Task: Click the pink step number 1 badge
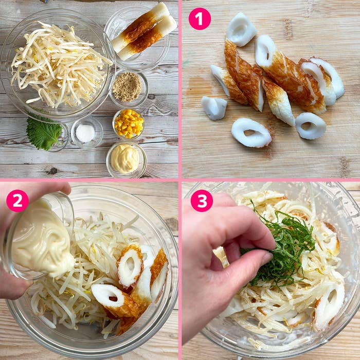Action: point(200,19)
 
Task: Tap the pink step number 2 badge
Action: point(17,201)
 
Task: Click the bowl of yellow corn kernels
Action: point(128,123)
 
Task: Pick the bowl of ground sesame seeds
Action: point(127,86)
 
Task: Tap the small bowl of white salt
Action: point(85,133)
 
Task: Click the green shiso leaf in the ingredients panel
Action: point(43,133)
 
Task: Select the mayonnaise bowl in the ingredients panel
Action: point(125,158)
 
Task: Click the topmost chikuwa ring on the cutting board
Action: point(241,29)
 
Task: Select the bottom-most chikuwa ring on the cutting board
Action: point(250,133)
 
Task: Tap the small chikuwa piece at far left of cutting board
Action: point(213,107)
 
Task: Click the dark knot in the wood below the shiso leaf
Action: point(51,170)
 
